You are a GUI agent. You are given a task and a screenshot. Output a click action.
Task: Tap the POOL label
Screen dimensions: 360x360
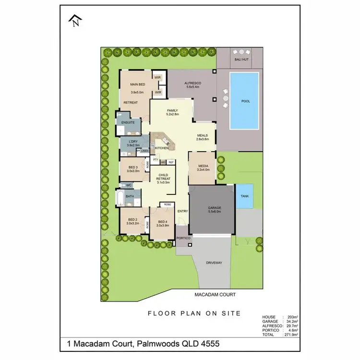pos(245,101)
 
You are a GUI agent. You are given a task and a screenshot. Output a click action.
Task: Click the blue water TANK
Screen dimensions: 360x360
pos(245,196)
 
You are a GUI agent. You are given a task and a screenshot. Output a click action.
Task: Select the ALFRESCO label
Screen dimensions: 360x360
pos(192,84)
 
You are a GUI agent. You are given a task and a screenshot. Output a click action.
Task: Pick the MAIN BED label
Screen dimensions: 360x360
pos(137,84)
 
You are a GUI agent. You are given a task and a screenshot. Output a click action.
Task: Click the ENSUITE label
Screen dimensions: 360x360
pos(127,122)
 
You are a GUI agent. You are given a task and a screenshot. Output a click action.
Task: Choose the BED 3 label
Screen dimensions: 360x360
pos(133,167)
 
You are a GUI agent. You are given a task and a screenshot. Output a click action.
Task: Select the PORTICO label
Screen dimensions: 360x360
pos(183,238)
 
